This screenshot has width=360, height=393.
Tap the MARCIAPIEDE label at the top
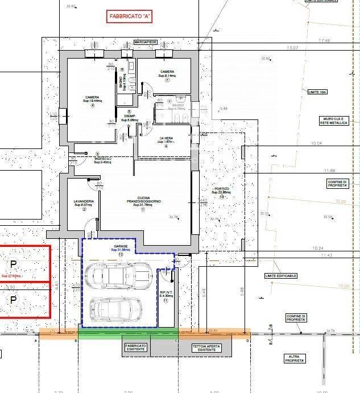[145, 42]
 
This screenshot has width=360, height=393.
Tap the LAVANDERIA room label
[84, 203]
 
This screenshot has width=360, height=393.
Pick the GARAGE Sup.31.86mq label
[121, 249]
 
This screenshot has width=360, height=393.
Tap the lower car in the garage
[115, 309]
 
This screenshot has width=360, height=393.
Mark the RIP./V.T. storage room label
[165, 295]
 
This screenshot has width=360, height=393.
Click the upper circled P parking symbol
[13, 264]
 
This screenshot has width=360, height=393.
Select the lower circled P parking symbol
[13, 297]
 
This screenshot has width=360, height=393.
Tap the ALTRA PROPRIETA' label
[296, 359]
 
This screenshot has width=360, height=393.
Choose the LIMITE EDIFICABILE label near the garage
[280, 276]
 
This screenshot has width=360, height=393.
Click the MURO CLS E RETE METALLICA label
[333, 121]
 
